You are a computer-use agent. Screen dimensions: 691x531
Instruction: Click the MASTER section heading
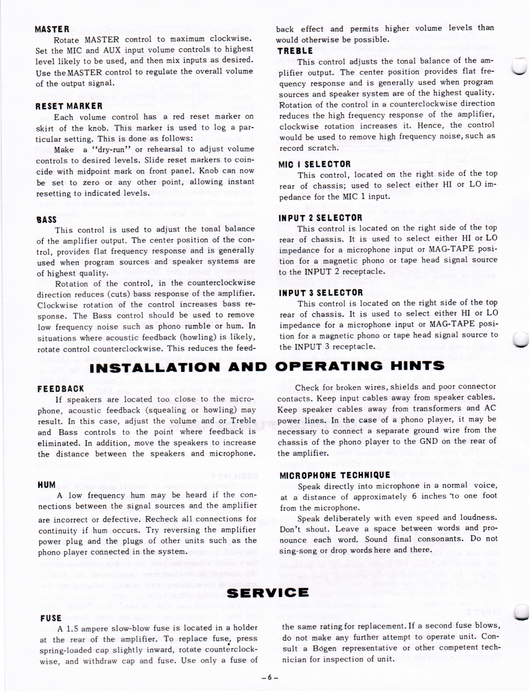(x=52, y=30)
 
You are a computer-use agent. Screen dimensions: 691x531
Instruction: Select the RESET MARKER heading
(x=69, y=106)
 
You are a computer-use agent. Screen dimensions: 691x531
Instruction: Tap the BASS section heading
(x=47, y=220)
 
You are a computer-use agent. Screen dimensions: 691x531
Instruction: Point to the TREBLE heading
(x=295, y=51)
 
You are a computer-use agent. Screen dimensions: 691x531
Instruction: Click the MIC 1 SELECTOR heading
(x=314, y=164)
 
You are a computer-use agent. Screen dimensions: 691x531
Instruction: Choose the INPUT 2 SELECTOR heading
(x=320, y=218)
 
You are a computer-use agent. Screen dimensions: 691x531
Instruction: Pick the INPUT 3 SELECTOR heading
(x=320, y=293)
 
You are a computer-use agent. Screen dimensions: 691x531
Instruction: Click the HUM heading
(x=47, y=485)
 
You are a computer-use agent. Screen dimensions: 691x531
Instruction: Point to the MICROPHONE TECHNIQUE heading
(x=335, y=475)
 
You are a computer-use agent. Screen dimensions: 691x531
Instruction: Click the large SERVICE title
(x=268, y=592)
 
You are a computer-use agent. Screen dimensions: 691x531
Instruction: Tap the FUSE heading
(x=51, y=618)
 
